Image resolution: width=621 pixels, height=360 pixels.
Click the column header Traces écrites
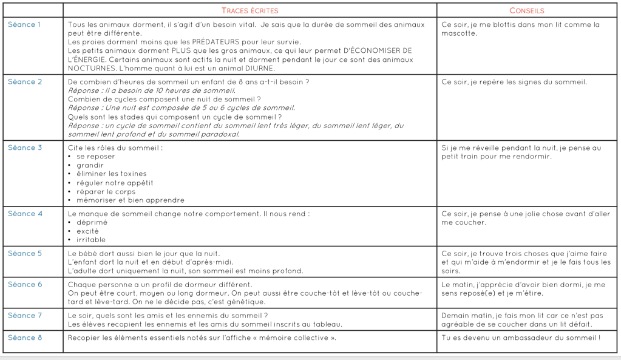click(x=250, y=11)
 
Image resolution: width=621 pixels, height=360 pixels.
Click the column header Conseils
click(x=526, y=11)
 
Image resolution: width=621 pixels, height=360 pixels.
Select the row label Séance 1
click(x=25, y=25)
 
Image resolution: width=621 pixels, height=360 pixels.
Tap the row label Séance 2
click(x=25, y=82)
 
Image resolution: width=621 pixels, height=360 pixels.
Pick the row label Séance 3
click(x=25, y=148)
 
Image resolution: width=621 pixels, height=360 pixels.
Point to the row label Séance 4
click(x=25, y=214)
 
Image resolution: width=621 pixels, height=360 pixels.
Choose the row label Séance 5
click(x=25, y=253)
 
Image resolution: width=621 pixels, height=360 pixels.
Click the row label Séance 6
click(x=25, y=284)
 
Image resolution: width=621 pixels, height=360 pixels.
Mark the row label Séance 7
click(x=25, y=315)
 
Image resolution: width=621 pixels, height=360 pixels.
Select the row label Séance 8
click(x=25, y=338)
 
